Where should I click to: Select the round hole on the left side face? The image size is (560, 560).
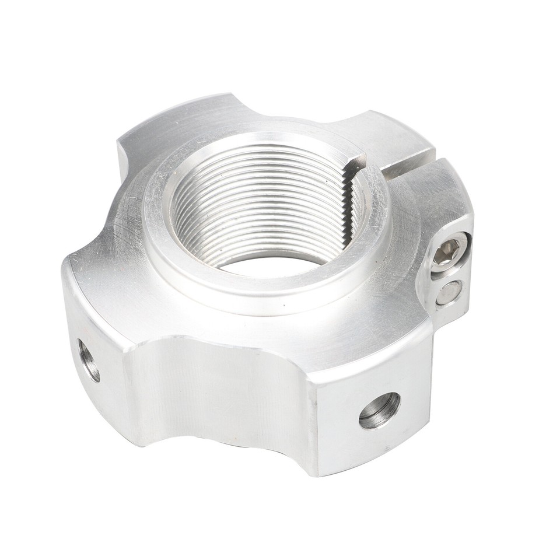(x=89, y=359)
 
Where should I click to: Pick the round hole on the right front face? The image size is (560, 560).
(x=380, y=410)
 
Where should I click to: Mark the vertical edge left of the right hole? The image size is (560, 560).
(x=318, y=420)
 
